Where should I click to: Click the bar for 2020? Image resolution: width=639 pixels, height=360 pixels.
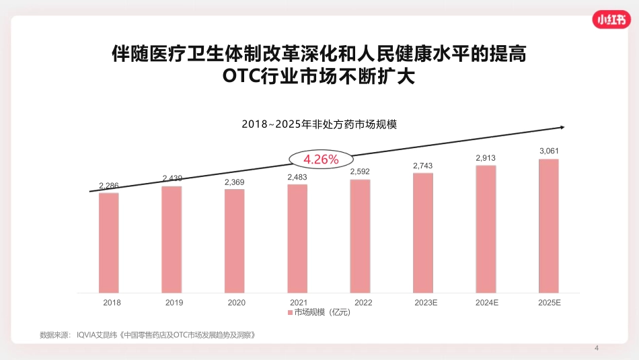(x=235, y=240)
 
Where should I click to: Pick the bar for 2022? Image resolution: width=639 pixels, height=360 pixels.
(x=361, y=236)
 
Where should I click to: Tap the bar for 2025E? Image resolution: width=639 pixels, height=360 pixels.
(x=549, y=225)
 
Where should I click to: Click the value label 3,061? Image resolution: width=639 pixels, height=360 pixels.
(x=549, y=151)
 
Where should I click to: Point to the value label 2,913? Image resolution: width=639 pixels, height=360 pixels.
(x=486, y=157)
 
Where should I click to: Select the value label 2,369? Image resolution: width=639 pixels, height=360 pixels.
(x=235, y=182)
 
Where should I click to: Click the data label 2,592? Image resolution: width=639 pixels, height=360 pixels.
(x=361, y=172)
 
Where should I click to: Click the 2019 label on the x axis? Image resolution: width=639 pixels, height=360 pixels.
(x=174, y=303)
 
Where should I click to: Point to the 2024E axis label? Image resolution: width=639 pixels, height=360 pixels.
(x=487, y=303)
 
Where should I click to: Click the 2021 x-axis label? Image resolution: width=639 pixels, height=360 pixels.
(x=299, y=303)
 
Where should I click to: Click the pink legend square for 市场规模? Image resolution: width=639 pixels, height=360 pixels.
(x=290, y=313)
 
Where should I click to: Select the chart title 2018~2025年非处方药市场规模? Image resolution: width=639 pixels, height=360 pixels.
(x=319, y=124)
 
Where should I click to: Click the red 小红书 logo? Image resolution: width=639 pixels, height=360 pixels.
(x=613, y=20)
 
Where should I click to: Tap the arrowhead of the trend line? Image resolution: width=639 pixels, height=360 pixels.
(x=561, y=127)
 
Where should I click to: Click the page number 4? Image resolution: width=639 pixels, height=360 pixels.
(x=597, y=348)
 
